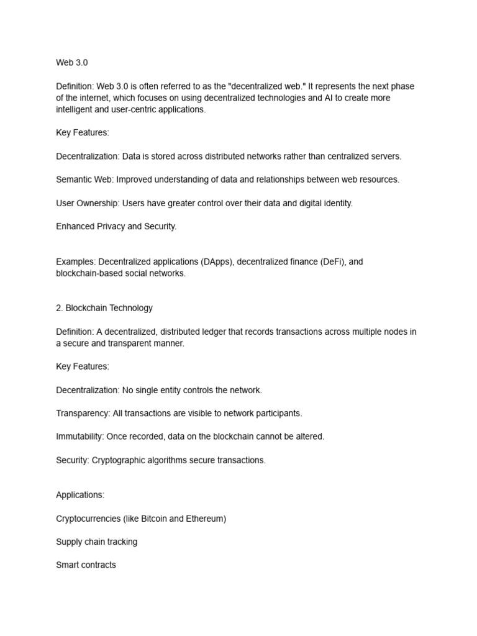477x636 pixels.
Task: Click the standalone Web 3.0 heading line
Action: click(72, 63)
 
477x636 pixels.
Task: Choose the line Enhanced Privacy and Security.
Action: click(116, 226)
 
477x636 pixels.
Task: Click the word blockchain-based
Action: click(91, 273)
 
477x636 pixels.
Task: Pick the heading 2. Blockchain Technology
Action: click(104, 308)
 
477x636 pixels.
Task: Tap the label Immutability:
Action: click(80, 437)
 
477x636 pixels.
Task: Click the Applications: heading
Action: click(80, 495)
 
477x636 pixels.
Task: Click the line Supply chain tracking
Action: click(96, 542)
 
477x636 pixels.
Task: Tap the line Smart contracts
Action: click(86, 565)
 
